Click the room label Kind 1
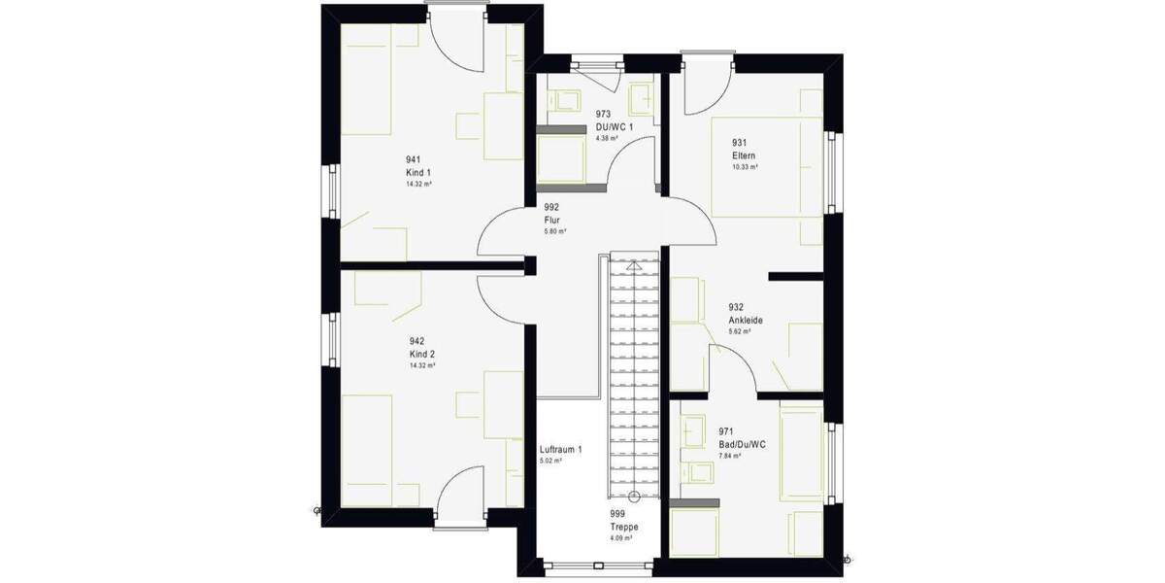tap(417, 172)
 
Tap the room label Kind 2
tap(420, 355)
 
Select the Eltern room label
tap(744, 155)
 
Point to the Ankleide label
tap(746, 320)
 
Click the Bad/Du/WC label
tap(743, 444)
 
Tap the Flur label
tap(551, 221)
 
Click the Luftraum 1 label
tap(560, 450)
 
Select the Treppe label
tap(621, 527)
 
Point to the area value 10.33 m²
tap(745, 167)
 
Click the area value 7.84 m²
tap(729, 456)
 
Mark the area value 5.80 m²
tap(554, 232)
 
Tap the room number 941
tap(414, 159)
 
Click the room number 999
tap(616, 514)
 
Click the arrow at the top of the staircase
tap(634, 264)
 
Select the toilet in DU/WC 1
tap(564, 100)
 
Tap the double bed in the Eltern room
tap(767, 165)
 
